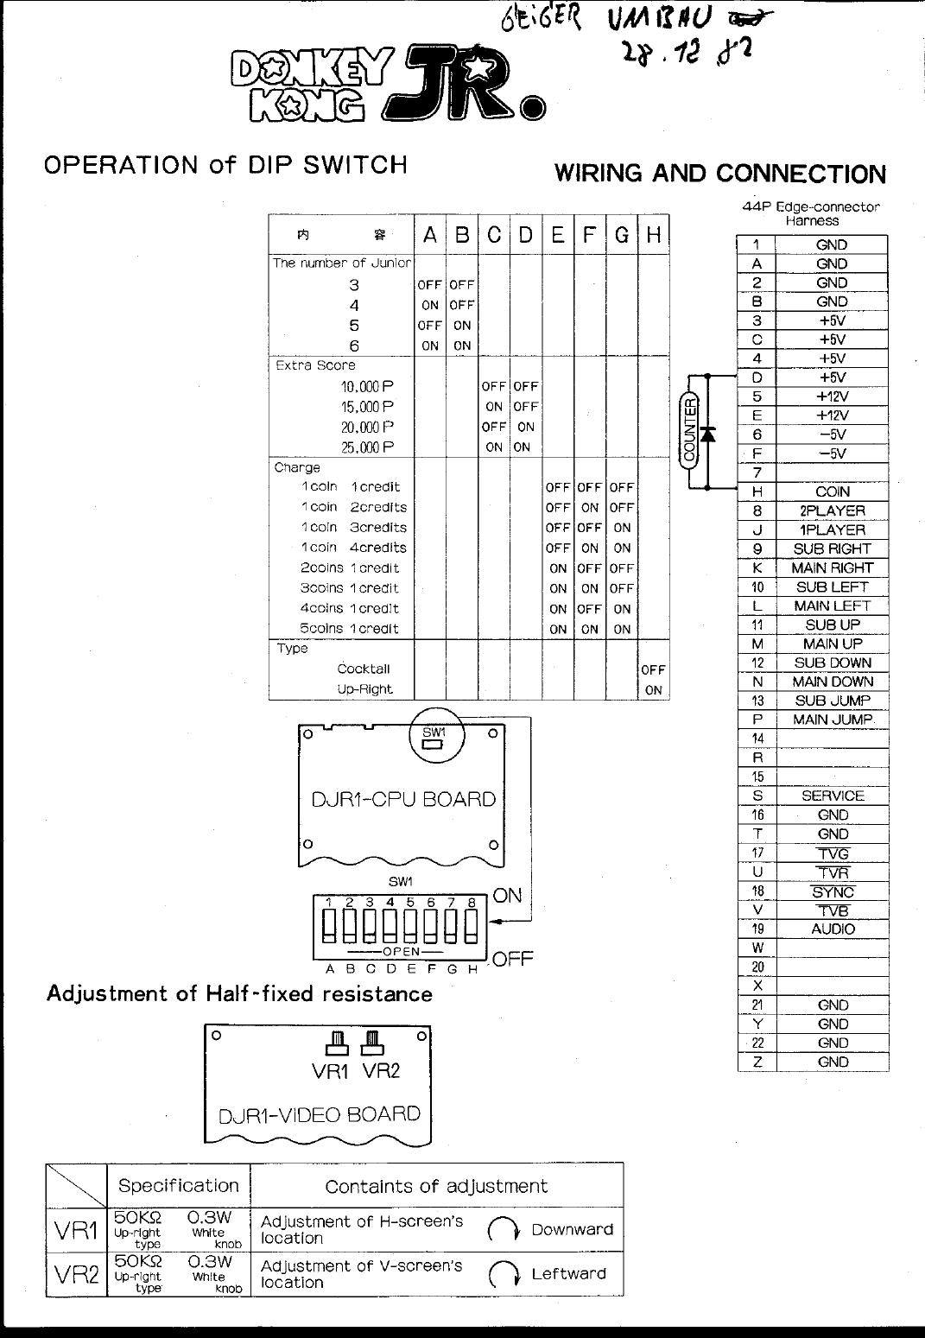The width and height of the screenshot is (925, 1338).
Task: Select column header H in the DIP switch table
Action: pos(654,235)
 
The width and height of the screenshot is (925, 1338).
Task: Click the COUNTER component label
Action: pos(690,430)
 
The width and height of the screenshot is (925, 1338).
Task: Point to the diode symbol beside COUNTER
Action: pos(708,434)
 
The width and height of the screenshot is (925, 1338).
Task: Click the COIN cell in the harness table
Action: pos(832,491)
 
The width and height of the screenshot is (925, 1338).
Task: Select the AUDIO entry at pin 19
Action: pos(833,929)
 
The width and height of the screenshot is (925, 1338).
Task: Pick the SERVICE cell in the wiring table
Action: pos(832,796)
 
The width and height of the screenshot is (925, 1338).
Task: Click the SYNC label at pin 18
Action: pos(833,892)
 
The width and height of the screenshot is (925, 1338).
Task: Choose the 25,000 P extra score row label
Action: pos(367,447)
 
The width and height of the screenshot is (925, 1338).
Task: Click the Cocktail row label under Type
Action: pos(363,669)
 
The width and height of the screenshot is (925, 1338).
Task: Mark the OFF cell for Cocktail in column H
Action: pos(654,669)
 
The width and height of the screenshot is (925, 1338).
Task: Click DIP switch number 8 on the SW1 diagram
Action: pos(472,927)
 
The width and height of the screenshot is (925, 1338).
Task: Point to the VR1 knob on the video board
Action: pos(337,1043)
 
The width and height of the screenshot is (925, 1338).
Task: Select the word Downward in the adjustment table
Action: pos(572,1229)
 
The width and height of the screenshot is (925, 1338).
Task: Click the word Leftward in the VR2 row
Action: pos(568,1274)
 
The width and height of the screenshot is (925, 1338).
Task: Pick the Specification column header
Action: pos(178,1186)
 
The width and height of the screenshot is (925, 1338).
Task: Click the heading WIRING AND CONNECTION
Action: pos(719,174)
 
